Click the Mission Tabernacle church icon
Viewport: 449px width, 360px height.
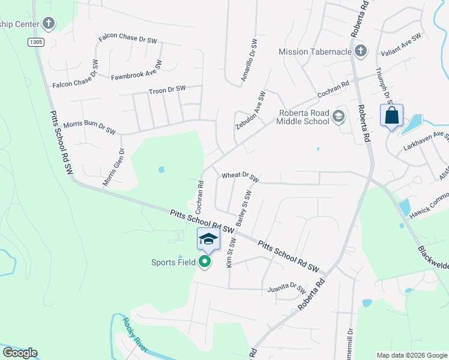pos(361,51)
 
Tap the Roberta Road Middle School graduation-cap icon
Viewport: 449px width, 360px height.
pos(339,116)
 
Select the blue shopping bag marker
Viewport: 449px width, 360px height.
pos(391,115)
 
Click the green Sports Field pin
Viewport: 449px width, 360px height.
pos(205,262)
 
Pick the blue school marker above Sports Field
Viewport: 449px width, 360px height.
pos(208,239)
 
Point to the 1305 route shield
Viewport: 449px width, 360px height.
pos(35,41)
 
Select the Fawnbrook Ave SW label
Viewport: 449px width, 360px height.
pos(136,71)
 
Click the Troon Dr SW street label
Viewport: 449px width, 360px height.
pos(167,89)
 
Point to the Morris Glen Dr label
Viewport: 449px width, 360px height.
pos(113,167)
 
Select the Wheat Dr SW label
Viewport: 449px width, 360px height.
pos(240,176)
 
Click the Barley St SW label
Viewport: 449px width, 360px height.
pos(243,208)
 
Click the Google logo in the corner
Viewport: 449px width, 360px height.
pos(20,353)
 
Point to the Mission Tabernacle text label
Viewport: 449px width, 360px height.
pos(315,52)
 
